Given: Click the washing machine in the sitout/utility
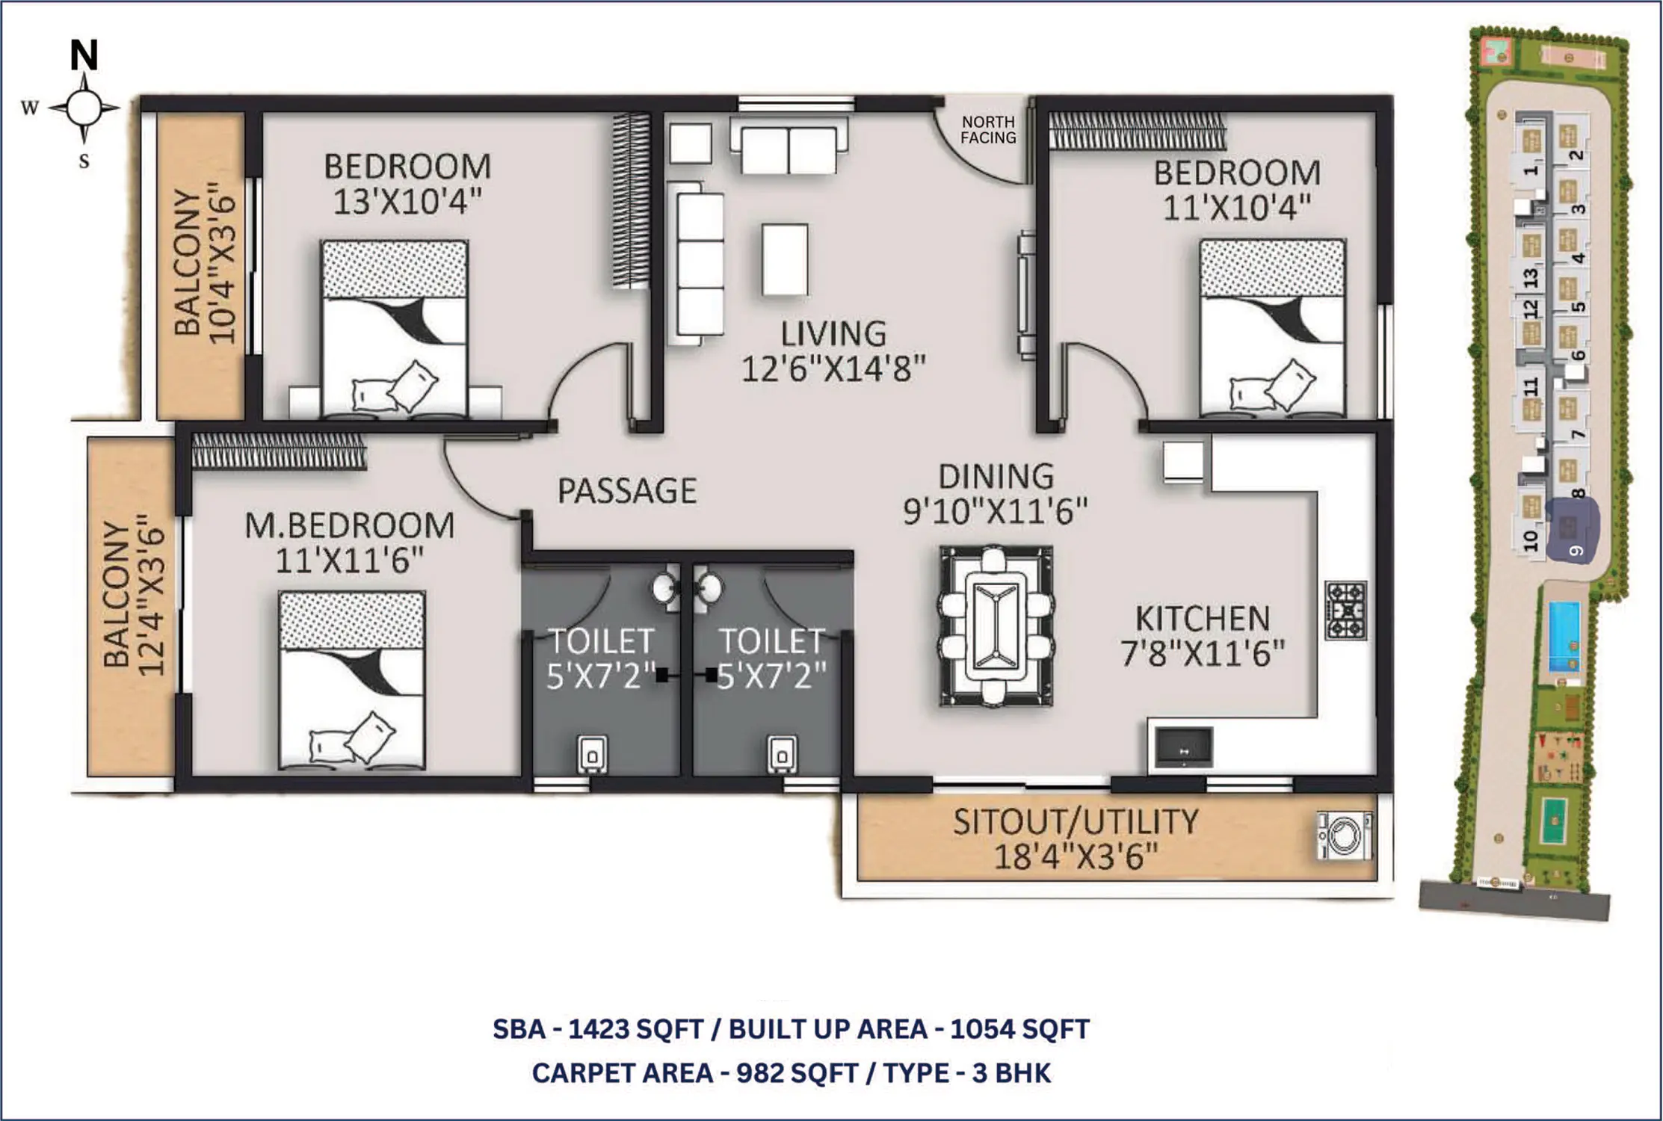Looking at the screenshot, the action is (x=1345, y=836).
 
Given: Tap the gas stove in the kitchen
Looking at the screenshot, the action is (x=1346, y=611).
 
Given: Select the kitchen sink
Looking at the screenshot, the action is (x=1184, y=747).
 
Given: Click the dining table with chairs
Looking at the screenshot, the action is (x=996, y=626).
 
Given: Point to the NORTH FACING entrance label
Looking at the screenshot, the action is (x=988, y=129).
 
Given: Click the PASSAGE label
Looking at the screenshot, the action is (x=627, y=490).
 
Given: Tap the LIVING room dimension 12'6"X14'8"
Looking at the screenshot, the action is (x=833, y=368).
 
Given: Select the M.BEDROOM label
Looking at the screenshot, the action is (x=350, y=525).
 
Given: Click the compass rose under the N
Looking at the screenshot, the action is (x=84, y=109).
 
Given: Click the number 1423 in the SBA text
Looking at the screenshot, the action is (x=599, y=1029).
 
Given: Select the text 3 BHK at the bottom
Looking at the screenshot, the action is (x=1011, y=1073).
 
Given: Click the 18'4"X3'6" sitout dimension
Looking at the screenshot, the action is (x=1076, y=856).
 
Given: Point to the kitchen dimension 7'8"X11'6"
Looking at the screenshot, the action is (x=1202, y=653).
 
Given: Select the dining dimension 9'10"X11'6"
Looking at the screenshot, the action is (x=996, y=511).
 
